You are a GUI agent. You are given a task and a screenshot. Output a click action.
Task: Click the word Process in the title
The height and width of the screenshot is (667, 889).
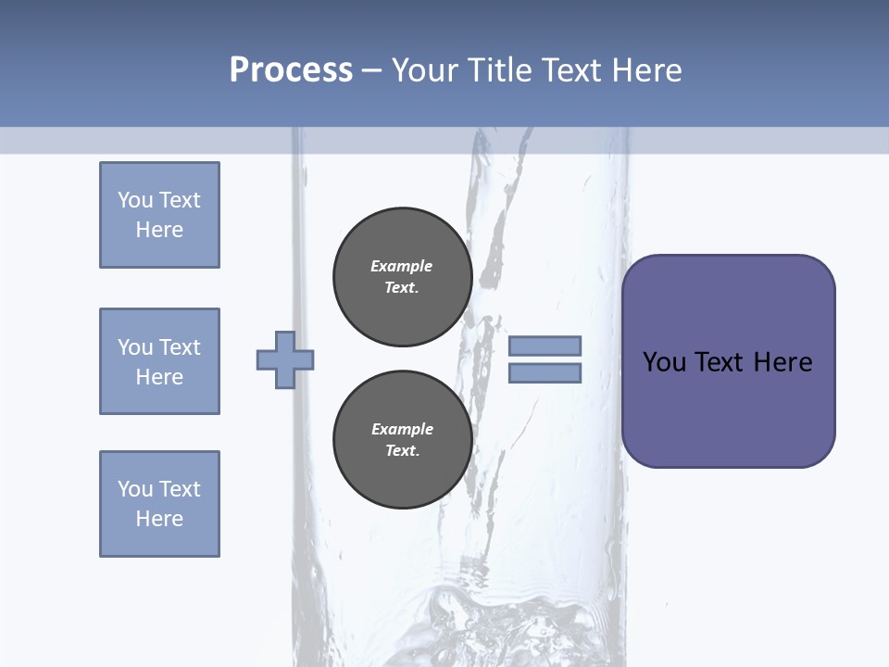pyautogui.click(x=291, y=70)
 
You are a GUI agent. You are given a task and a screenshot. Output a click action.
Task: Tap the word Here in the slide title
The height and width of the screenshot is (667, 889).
pyautogui.click(x=646, y=70)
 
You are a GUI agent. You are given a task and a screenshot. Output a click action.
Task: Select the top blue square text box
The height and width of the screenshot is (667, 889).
pyautogui.click(x=159, y=215)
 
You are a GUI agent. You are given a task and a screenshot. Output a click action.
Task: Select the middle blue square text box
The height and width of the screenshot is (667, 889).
pyautogui.click(x=159, y=361)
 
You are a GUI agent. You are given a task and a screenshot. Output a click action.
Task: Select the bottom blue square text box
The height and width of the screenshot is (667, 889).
pyautogui.click(x=159, y=504)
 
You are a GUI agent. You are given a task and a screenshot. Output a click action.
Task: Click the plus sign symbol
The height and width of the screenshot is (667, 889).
pyautogui.click(x=285, y=359)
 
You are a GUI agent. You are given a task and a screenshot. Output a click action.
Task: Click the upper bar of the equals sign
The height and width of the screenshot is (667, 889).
pyautogui.click(x=545, y=346)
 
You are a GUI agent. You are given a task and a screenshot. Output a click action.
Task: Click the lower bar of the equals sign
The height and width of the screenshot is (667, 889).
pyautogui.click(x=545, y=372)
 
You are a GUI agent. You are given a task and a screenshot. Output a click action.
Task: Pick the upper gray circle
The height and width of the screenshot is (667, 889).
pyautogui.click(x=403, y=277)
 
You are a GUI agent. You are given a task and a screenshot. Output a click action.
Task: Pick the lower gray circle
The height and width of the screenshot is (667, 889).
pyautogui.click(x=403, y=440)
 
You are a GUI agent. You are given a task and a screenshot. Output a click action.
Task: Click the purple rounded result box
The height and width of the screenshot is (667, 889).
pyautogui.click(x=728, y=361)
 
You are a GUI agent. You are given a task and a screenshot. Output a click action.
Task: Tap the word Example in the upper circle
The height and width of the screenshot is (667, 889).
pyautogui.click(x=402, y=266)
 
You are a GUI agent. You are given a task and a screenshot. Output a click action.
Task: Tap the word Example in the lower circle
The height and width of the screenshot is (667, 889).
pyautogui.click(x=402, y=429)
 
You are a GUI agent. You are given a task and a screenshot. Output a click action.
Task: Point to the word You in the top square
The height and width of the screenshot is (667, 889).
pyautogui.click(x=134, y=200)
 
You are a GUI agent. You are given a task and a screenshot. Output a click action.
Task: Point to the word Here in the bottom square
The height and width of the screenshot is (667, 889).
pyautogui.click(x=159, y=519)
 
